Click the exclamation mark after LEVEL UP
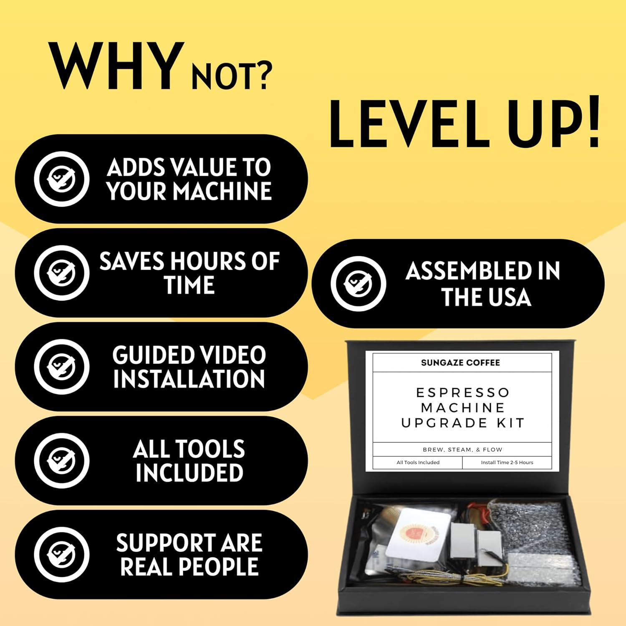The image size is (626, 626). pos(591,122)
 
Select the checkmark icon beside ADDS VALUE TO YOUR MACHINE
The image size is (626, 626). pos(61,179)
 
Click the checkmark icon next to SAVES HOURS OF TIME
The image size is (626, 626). pos(61,273)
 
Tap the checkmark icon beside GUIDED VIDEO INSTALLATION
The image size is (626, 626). pos(61,366)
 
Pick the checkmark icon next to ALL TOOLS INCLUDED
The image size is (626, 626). pos(61,460)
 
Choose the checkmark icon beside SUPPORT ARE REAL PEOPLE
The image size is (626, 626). pos(61,554)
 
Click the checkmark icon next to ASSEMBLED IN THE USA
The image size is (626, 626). pos(358,283)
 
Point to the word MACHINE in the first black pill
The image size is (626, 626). pos(222,191)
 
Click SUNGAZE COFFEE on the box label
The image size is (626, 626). pos(460,363)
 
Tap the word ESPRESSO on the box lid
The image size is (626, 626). pos(463,393)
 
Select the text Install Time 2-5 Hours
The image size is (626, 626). pos(507,462)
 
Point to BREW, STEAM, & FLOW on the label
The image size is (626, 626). pos(462,449)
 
